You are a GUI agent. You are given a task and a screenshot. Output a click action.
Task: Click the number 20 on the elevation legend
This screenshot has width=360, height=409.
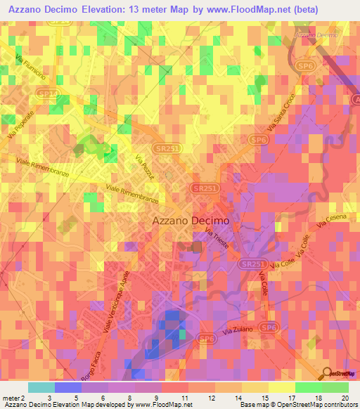[x=345, y=398]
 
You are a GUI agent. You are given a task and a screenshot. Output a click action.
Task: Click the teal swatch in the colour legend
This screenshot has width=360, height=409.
[x=41, y=387]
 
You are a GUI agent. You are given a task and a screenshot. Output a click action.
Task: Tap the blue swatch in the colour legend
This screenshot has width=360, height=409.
[x=67, y=387]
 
